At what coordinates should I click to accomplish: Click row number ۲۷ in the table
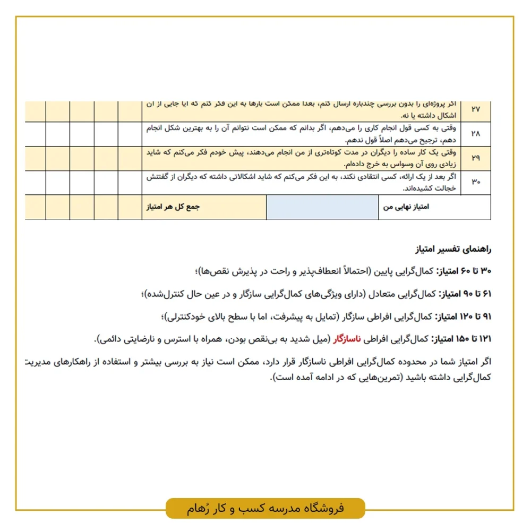click(475, 109)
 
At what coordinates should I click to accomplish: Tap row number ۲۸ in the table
click(475, 134)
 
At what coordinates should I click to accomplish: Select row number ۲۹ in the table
click(475, 158)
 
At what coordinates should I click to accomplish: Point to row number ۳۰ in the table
click(475, 183)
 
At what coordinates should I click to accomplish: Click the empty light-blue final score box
click(322, 207)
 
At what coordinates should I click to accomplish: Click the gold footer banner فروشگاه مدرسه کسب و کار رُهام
click(265, 508)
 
